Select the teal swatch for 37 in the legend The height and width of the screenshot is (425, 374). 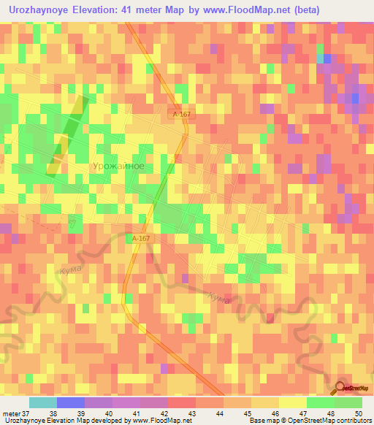pos(42,402)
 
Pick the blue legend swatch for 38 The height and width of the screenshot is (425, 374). pos(70,402)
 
